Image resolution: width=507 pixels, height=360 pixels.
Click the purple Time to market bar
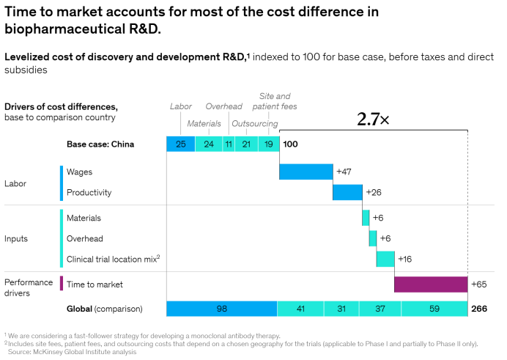click(x=431, y=284)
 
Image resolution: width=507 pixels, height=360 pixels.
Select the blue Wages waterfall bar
click(x=306, y=172)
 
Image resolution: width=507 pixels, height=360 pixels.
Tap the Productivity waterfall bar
click(x=347, y=192)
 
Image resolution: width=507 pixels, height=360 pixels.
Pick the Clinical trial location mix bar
click(x=385, y=259)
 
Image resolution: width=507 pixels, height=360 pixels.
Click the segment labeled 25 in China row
click(x=181, y=144)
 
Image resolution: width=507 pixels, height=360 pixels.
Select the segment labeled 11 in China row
click(x=229, y=144)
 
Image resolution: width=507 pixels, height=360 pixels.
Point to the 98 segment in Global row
click(x=222, y=309)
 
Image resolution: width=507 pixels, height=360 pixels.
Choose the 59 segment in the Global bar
click(x=434, y=309)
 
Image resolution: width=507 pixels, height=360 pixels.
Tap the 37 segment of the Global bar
click(x=380, y=309)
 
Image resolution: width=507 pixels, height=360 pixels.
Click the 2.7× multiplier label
click(x=373, y=120)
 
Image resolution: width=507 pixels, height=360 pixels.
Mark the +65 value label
click(x=479, y=284)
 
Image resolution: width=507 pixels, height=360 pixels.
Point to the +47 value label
click(x=344, y=172)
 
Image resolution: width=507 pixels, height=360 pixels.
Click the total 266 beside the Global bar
click(x=479, y=309)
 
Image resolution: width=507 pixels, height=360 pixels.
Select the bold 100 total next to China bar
click(x=290, y=144)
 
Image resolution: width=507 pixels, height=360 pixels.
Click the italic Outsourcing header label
click(x=255, y=124)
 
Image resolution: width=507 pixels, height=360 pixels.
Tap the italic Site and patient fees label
click(x=275, y=101)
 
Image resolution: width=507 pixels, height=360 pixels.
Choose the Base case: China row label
click(x=100, y=144)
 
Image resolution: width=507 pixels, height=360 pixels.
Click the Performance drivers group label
click(x=29, y=287)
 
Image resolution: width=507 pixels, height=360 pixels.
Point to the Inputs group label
click(x=16, y=239)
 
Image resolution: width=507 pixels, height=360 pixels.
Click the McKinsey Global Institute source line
click(x=72, y=352)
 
